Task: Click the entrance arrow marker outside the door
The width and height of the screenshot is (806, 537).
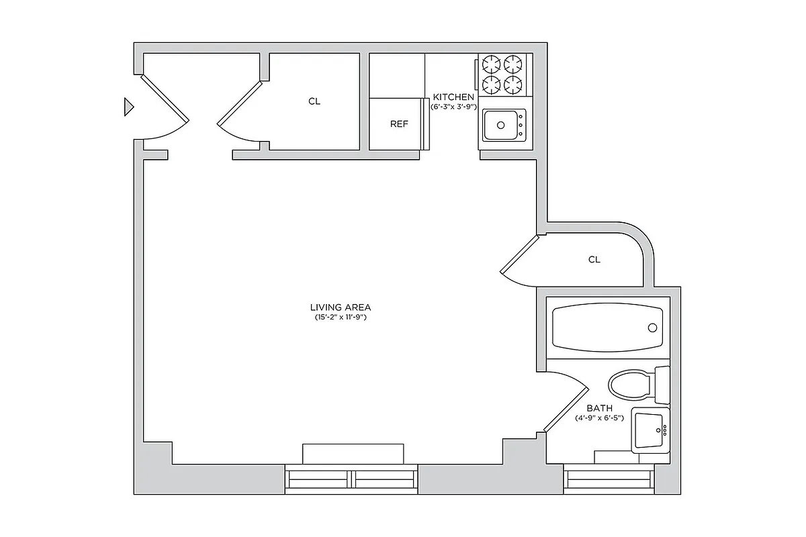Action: (129, 107)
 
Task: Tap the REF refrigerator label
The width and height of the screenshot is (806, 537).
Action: (399, 124)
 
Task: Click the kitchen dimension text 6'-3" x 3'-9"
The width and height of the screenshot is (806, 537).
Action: (454, 107)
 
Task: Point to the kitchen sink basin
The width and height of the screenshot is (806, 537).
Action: (500, 124)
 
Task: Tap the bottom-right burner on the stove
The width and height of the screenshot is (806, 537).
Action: (513, 85)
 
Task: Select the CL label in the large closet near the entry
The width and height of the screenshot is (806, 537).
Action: (314, 102)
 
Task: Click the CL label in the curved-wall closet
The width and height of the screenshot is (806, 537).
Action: (594, 260)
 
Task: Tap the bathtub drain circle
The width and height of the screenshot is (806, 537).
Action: (652, 328)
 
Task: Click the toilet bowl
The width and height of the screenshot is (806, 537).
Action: (630, 385)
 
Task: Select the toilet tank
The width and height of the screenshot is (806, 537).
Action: (662, 385)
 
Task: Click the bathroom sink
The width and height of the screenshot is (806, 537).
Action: (649, 430)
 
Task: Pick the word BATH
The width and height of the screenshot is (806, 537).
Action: (600, 408)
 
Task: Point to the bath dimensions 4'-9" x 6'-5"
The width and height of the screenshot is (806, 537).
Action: (600, 418)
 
